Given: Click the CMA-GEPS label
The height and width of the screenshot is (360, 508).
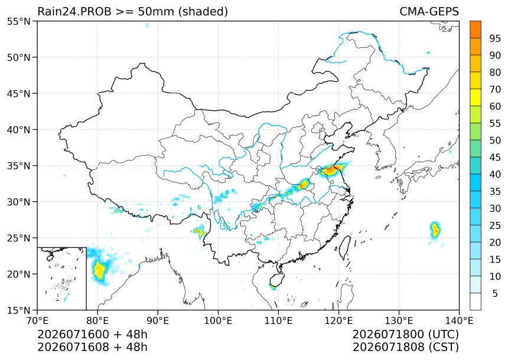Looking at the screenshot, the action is tap(429, 11).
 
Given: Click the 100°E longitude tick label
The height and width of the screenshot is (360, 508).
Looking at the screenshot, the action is tap(218, 321).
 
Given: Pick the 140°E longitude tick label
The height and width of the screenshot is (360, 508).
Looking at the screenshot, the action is tap(459, 321).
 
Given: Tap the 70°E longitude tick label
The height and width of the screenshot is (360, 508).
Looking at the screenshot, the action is tap(38, 321).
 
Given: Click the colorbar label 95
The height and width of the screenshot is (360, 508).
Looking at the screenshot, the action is tap(495, 38).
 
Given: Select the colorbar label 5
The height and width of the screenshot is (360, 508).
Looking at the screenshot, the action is tap(495, 293).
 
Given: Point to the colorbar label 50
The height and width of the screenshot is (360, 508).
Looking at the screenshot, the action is tap(495, 140).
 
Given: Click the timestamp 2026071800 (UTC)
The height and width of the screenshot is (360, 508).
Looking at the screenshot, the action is tap(406, 334).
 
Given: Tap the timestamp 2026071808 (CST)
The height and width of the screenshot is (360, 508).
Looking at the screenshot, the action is tap(406, 347).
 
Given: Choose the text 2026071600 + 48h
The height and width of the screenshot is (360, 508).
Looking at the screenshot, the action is tap(92, 334).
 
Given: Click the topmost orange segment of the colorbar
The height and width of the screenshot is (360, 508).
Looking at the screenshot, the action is tap(476, 30).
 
